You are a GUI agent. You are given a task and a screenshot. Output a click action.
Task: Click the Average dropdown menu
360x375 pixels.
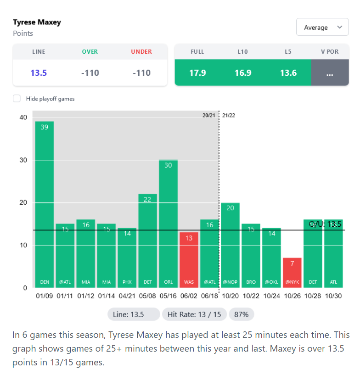click(322, 28)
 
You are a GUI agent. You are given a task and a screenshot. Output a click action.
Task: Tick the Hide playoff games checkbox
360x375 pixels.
click(17, 99)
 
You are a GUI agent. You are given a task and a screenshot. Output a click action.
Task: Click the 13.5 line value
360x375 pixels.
click(39, 73)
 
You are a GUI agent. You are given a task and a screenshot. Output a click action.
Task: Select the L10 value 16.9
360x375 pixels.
click(242, 73)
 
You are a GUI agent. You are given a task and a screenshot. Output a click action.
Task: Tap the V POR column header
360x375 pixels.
click(330, 52)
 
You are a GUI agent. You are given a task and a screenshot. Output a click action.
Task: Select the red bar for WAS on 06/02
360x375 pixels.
click(189, 260)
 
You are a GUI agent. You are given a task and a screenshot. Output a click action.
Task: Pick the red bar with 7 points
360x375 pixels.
click(292, 273)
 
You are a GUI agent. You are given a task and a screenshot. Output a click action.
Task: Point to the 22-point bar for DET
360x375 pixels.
click(147, 241)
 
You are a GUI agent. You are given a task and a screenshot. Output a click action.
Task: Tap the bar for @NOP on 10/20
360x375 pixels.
click(230, 245)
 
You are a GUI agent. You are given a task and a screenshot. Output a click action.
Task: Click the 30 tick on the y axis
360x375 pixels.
click(23, 160)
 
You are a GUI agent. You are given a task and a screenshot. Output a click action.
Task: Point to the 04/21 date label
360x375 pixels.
click(127, 296)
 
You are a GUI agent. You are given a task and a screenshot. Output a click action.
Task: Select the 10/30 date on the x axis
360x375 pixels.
click(333, 296)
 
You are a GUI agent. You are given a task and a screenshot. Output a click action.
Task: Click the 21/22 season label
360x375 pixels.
click(229, 115)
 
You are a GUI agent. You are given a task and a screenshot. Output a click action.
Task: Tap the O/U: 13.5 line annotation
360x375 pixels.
click(325, 224)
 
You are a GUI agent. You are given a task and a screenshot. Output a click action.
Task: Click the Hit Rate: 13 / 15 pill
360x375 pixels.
click(194, 314)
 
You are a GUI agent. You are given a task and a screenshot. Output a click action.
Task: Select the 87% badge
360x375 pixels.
click(241, 314)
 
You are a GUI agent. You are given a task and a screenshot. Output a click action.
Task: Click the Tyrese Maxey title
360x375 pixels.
click(37, 22)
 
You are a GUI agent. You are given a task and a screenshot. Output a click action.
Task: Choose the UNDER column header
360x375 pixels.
click(141, 52)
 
